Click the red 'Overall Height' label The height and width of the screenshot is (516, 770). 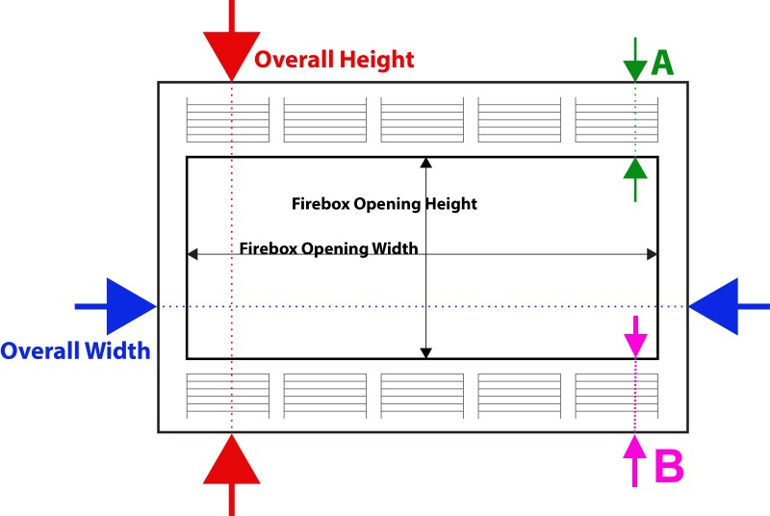pyautogui.click(x=334, y=60)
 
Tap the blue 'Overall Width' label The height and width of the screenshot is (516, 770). pyautogui.click(x=75, y=351)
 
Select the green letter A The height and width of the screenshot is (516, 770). pyautogui.click(x=662, y=63)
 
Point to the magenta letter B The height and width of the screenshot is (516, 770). pyautogui.click(x=669, y=466)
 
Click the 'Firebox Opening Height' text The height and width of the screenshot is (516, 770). pyautogui.click(x=384, y=204)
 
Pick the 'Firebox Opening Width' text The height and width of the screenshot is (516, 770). pyautogui.click(x=328, y=248)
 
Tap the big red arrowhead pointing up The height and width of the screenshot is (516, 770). pyautogui.click(x=232, y=459)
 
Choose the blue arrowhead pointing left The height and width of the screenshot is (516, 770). pyautogui.click(x=713, y=306)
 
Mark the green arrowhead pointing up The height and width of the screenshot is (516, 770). pyautogui.click(x=635, y=168)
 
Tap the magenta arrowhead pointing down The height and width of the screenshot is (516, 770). pyautogui.click(x=636, y=346)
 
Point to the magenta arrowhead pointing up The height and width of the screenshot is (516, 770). pyautogui.click(x=635, y=446)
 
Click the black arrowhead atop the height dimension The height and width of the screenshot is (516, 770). pyautogui.click(x=426, y=163)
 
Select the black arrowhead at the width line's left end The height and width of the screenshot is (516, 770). pyautogui.click(x=192, y=254)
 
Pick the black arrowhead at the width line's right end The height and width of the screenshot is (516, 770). pyautogui.click(x=653, y=254)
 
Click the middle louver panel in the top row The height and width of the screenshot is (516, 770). pyautogui.click(x=423, y=119)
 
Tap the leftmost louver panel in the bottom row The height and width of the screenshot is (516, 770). pyautogui.click(x=228, y=397)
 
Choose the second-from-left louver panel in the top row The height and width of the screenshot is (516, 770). pyautogui.click(x=325, y=119)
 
